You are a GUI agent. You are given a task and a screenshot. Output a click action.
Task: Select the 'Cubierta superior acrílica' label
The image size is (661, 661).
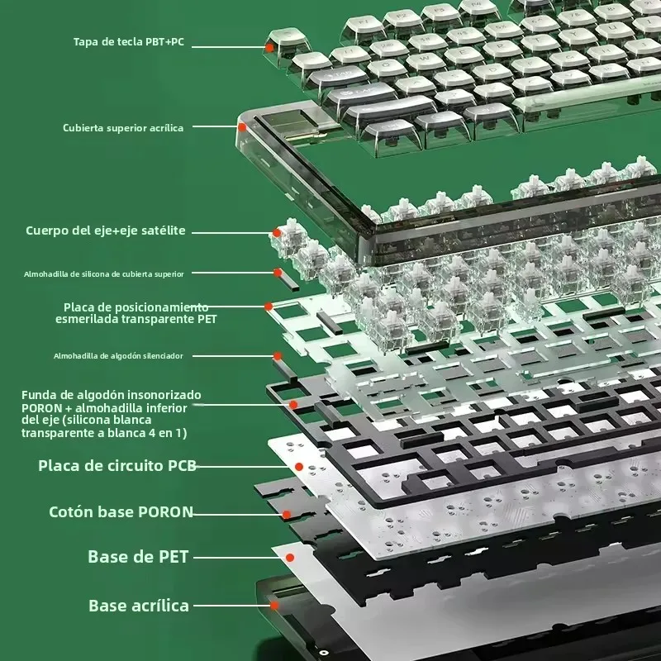click(123, 128)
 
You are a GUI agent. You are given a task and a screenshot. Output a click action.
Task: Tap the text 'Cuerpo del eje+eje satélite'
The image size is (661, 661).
click(105, 231)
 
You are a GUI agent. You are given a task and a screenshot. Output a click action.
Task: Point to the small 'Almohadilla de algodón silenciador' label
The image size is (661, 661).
click(118, 355)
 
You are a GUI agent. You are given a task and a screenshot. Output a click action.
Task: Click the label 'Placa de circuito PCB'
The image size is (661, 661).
click(117, 465)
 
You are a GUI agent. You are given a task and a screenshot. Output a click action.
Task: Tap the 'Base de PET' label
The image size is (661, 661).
click(138, 557)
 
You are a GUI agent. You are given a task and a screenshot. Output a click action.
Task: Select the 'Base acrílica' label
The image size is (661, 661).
click(139, 606)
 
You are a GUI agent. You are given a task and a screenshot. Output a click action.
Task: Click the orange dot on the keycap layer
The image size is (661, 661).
click(269, 49)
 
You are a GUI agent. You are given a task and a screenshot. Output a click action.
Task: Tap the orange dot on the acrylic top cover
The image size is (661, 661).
click(242, 127)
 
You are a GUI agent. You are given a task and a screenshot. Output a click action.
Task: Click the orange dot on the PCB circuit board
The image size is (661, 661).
click(298, 467)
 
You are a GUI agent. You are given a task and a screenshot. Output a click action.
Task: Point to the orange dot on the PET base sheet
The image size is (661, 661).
click(289, 558)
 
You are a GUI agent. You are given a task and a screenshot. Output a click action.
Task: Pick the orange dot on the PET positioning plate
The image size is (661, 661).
click(269, 307)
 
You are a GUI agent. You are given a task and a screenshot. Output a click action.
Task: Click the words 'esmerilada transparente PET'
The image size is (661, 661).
click(136, 318)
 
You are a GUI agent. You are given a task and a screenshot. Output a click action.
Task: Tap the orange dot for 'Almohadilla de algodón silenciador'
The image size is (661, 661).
click(278, 356)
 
